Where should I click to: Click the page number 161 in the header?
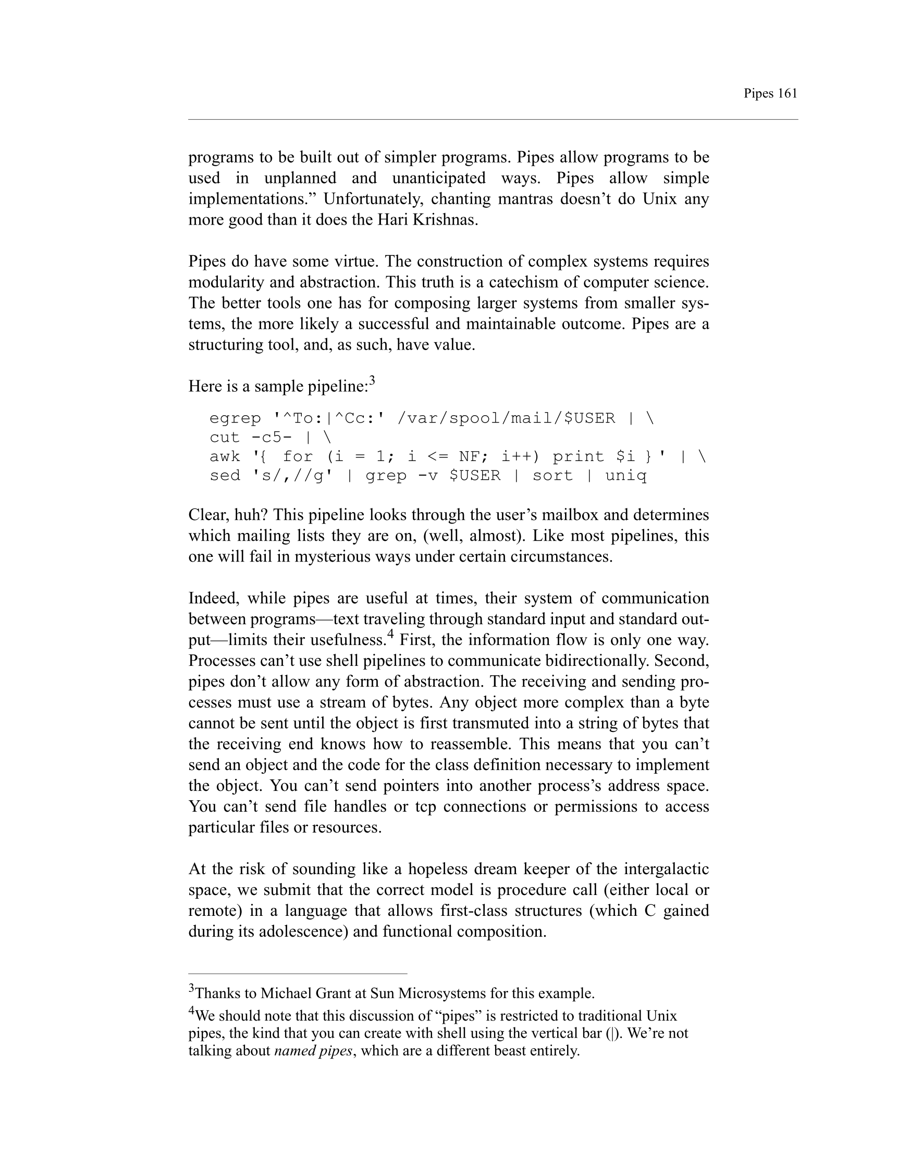[786, 94]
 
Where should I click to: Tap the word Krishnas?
[444, 220]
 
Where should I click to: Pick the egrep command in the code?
[235, 418]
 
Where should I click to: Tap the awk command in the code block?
[225, 456]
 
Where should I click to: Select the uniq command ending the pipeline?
[626, 476]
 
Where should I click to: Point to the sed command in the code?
[225, 476]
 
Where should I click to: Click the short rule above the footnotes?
[298, 973]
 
